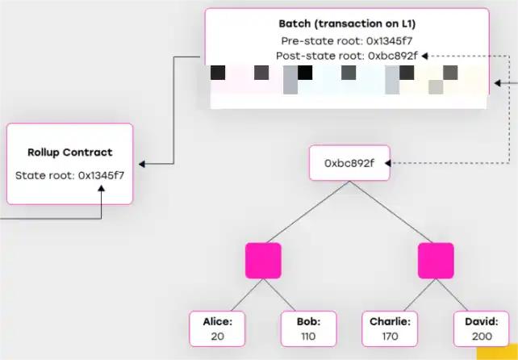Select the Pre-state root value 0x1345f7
[x=386, y=40]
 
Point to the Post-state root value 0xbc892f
[x=393, y=56]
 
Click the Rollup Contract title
[x=70, y=152]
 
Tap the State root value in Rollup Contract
[x=102, y=174]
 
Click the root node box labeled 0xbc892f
[x=349, y=163]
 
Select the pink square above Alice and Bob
[x=263, y=261]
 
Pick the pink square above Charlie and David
[x=436, y=261]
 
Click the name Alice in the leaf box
[x=217, y=321]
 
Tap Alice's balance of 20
[x=217, y=336]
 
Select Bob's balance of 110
[x=308, y=336]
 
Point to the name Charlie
[x=390, y=321]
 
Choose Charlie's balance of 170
[x=390, y=336]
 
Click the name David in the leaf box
[x=482, y=321]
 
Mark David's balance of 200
[x=482, y=336]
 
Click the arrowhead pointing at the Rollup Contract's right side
[x=142, y=165]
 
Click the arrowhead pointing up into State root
[x=102, y=190]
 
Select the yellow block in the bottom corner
[x=497, y=354]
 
